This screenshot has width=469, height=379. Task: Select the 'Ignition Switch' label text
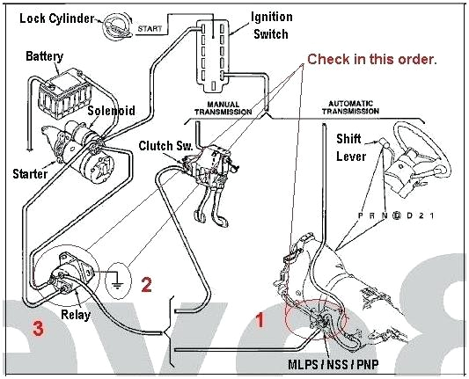[272, 25]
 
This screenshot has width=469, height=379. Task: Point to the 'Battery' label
[44, 56]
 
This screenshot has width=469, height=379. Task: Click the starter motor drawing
[84, 157]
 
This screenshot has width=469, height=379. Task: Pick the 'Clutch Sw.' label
[164, 144]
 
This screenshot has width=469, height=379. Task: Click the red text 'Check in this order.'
[371, 59]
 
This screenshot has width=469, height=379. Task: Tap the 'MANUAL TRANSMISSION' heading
[223, 108]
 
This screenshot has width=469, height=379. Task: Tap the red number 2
[147, 284]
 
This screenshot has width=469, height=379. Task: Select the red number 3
[37, 330]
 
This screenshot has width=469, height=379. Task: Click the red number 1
[260, 321]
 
